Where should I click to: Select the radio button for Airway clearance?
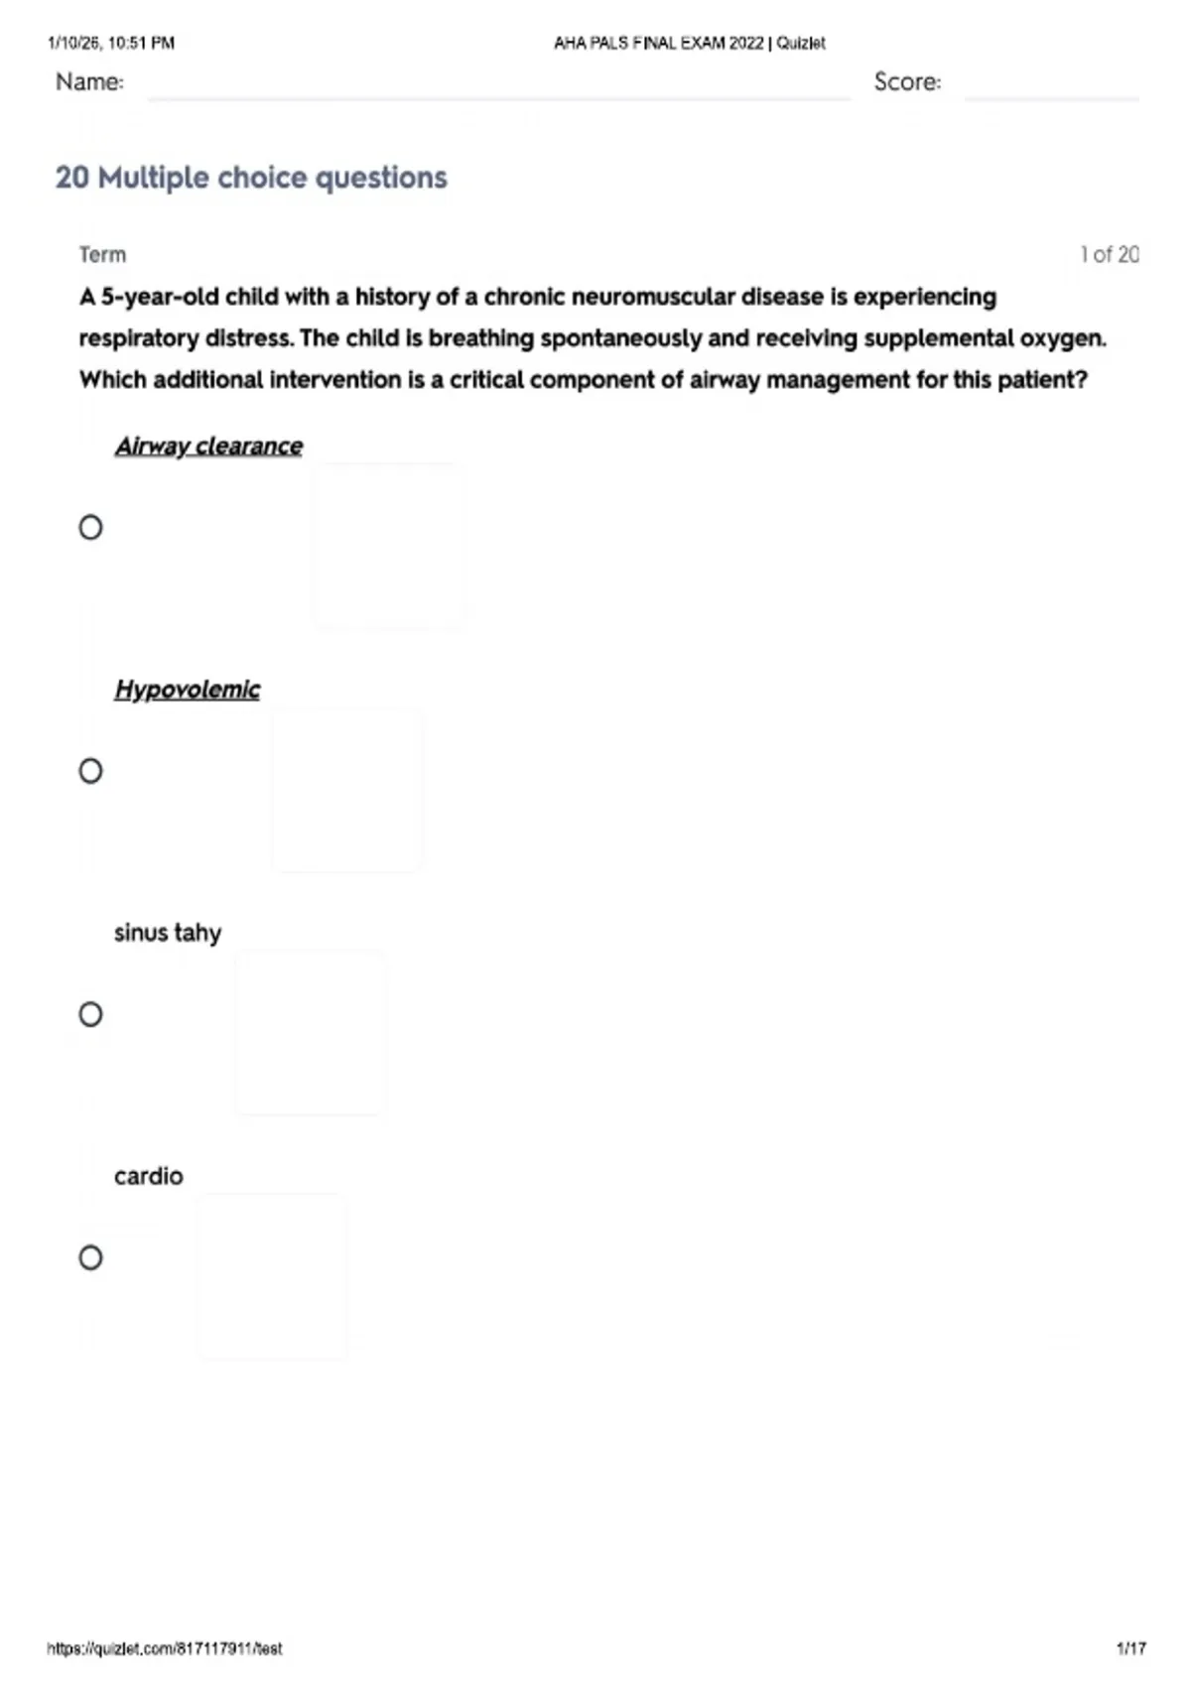[x=90, y=527]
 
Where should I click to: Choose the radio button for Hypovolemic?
[x=90, y=771]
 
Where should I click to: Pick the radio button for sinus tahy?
[x=90, y=1014]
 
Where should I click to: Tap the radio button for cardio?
[x=90, y=1258]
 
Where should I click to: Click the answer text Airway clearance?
[x=208, y=447]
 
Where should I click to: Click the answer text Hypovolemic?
[x=187, y=690]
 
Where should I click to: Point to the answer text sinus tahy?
[x=168, y=933]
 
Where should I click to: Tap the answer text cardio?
[x=149, y=1177]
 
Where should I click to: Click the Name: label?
[x=89, y=82]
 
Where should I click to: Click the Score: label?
[x=907, y=82]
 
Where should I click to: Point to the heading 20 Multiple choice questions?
[x=251, y=178]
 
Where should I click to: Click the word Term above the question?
[x=102, y=255]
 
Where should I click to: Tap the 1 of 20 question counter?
[x=1109, y=255]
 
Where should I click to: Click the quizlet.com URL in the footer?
[x=165, y=1648]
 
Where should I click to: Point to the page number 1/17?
[x=1130, y=1648]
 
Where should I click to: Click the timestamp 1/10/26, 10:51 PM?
[x=111, y=44]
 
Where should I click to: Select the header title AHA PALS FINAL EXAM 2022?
[x=659, y=44]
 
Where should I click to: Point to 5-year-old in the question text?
[x=160, y=298]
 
